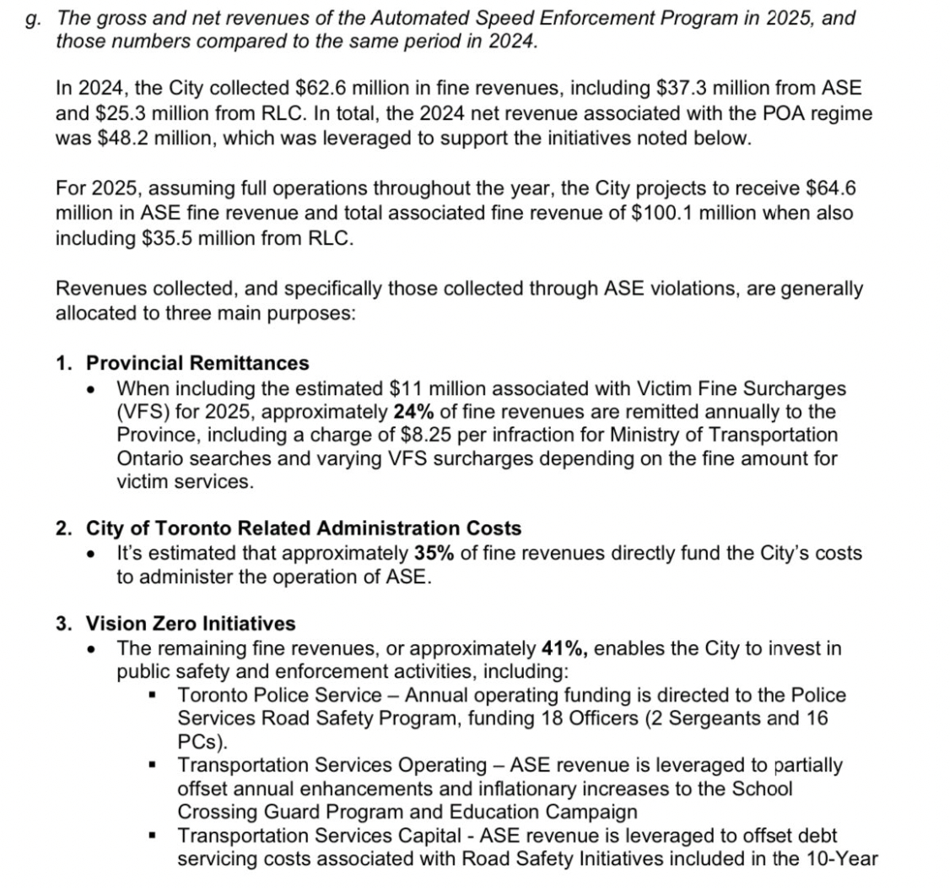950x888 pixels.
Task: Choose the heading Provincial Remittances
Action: (x=198, y=363)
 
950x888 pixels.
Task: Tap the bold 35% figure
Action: (x=431, y=554)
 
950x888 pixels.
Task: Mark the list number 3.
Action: (x=62, y=624)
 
